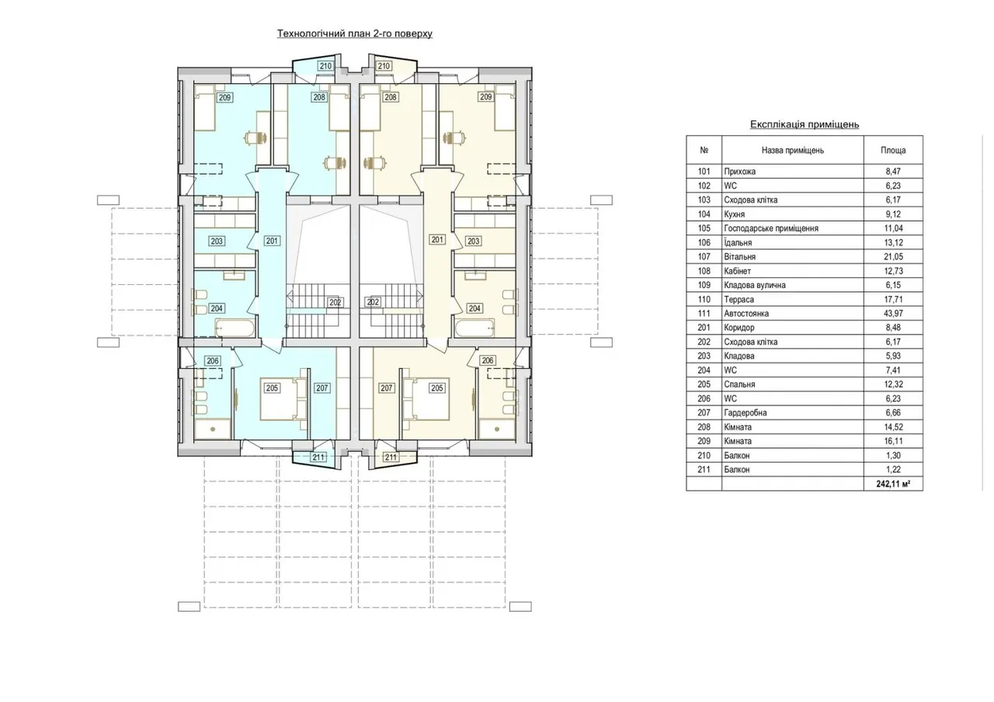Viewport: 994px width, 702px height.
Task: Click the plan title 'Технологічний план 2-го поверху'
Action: click(x=355, y=33)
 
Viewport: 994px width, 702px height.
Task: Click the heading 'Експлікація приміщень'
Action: click(x=805, y=125)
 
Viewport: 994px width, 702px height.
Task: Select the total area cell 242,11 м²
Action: click(x=893, y=484)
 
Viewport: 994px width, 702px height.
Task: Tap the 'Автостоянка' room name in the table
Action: click(x=746, y=313)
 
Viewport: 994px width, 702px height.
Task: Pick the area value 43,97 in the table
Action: click(x=893, y=313)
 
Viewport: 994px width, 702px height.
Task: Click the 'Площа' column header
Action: click(x=893, y=151)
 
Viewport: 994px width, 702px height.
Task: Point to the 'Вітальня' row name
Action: click(x=740, y=256)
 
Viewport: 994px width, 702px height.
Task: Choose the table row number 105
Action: click(x=704, y=228)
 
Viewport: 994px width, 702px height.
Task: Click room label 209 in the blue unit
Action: click(x=224, y=97)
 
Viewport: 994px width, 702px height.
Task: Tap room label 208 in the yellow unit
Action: click(x=391, y=97)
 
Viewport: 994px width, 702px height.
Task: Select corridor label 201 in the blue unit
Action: click(x=272, y=241)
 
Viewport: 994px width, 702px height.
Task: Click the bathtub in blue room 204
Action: click(x=235, y=328)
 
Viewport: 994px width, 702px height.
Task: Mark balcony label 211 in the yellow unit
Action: click(x=391, y=457)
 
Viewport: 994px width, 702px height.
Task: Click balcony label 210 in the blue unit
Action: click(x=325, y=66)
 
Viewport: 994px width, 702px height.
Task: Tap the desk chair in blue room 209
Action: click(x=256, y=138)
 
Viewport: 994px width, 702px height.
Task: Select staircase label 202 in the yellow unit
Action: click(x=373, y=302)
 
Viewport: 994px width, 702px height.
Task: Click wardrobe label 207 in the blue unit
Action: click(x=321, y=388)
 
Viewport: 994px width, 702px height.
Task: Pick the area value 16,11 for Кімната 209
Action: click(x=893, y=441)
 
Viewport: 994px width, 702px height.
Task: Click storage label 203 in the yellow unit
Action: click(x=473, y=241)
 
